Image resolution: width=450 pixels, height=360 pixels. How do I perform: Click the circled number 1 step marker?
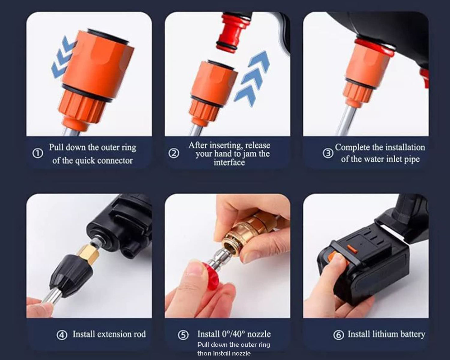(x=38, y=154)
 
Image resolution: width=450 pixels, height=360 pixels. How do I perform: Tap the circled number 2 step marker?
(x=174, y=153)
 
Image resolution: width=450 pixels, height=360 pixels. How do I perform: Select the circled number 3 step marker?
(x=328, y=153)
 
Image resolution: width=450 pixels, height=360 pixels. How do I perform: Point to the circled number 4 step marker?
(x=62, y=335)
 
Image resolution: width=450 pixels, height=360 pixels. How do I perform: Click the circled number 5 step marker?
(x=183, y=335)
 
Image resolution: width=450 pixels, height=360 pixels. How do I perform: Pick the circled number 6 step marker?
(x=339, y=335)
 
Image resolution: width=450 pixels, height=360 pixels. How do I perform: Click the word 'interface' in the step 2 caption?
(x=229, y=162)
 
